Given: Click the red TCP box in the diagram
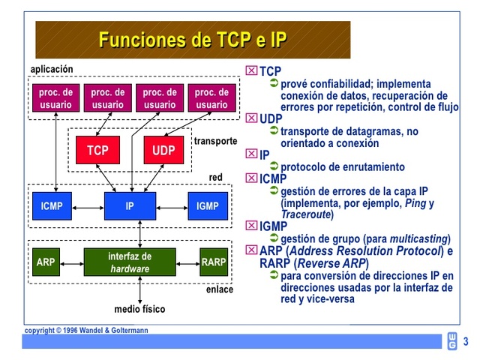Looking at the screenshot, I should (97, 151).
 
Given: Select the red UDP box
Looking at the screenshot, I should (163, 151).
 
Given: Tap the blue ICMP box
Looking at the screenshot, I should (52, 205).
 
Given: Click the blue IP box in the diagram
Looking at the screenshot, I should (130, 205).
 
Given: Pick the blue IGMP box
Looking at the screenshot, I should (208, 205).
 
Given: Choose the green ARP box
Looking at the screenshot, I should (46, 262).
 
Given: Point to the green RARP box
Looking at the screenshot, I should (213, 262).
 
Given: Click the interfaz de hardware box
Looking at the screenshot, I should (130, 262).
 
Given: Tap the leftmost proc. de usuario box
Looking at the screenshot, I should (56, 98).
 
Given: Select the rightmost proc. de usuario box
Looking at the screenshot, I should (211, 98).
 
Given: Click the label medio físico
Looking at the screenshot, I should (139, 309).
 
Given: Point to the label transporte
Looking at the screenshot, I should (215, 141).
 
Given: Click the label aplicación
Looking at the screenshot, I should (52, 69).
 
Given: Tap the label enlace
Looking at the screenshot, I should (220, 289).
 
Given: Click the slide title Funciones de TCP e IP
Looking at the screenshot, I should (193, 40).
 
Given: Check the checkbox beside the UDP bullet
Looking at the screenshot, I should (251, 118).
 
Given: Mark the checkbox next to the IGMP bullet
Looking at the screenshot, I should (251, 226).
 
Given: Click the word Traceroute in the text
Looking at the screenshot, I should (306, 214).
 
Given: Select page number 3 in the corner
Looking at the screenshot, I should (466, 341).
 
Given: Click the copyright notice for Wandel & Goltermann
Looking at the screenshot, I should (86, 330).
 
